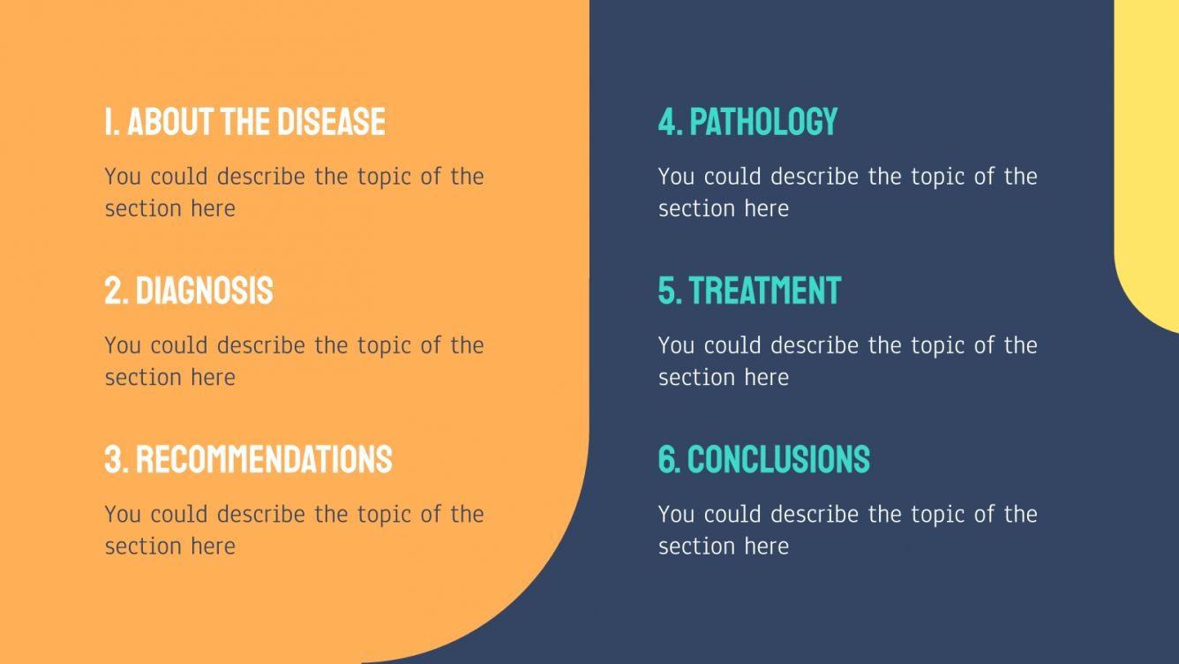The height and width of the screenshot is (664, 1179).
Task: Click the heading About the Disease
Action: tap(244, 122)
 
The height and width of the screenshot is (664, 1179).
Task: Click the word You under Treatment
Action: tap(676, 345)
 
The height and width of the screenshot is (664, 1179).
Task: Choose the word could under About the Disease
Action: tap(179, 177)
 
